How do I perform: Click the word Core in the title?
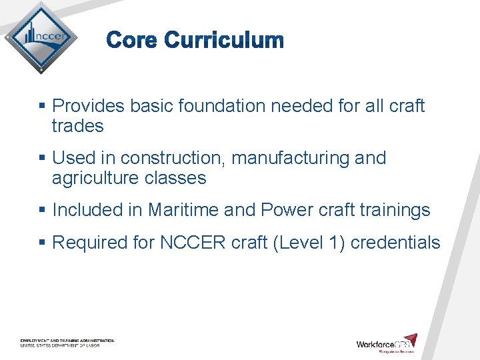click(133, 41)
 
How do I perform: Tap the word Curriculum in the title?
click(224, 41)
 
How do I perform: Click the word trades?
click(77, 126)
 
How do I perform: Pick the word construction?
click(161, 158)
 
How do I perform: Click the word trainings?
click(395, 210)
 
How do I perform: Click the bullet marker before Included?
click(42, 211)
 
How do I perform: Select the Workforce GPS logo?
click(387, 343)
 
